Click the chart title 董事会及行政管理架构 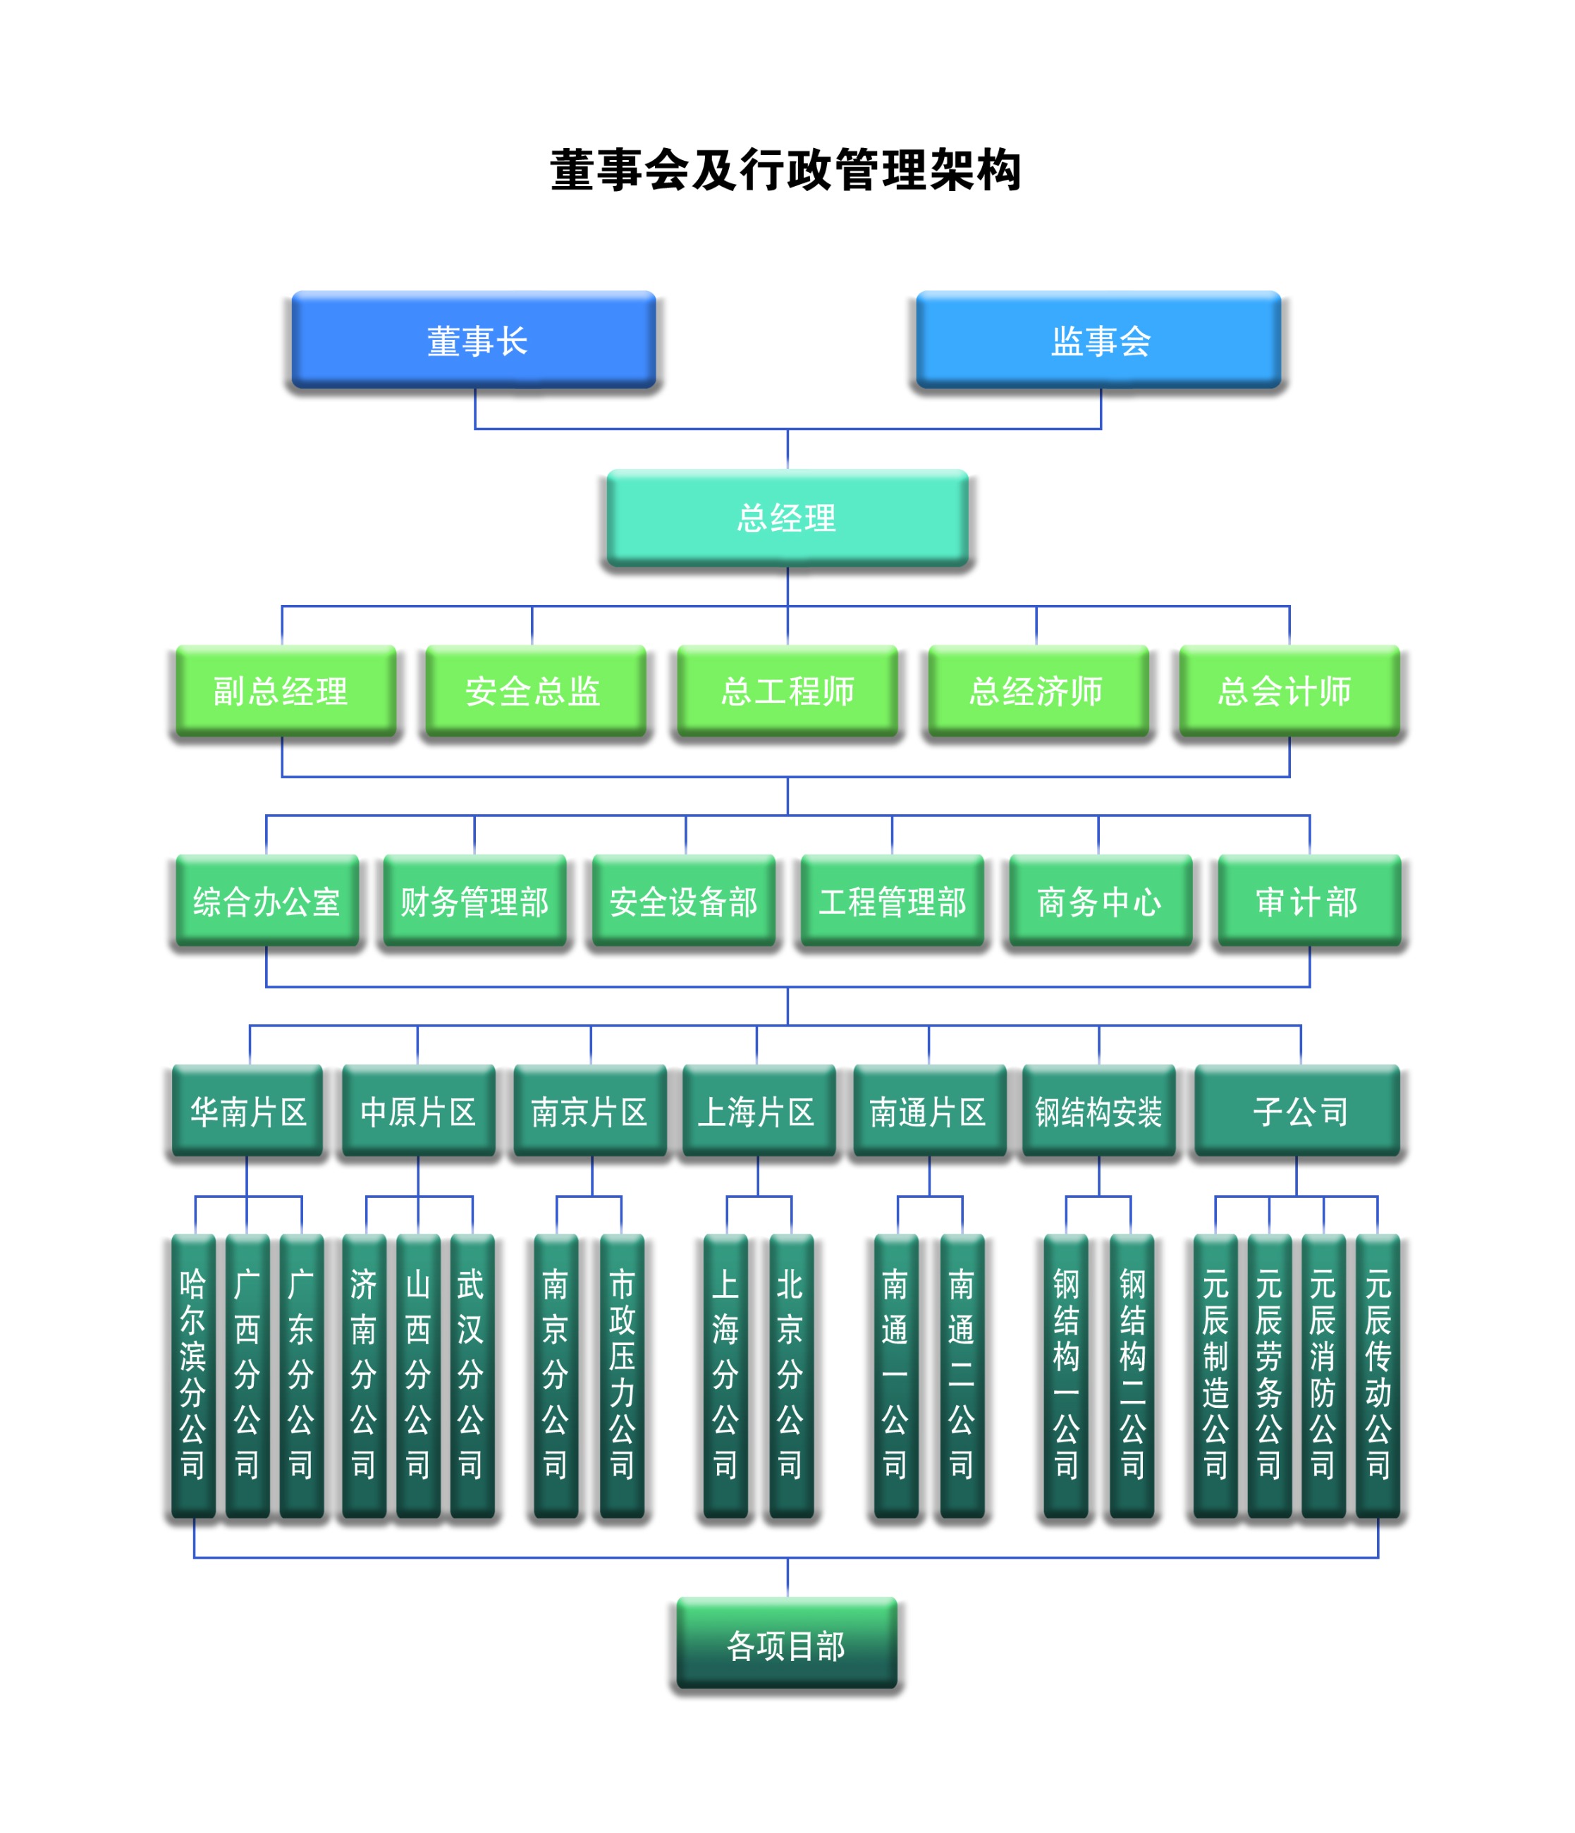[x=785, y=170]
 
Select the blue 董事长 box [x=474, y=341]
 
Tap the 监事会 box [x=1099, y=341]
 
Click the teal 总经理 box [x=787, y=517]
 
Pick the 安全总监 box [x=533, y=691]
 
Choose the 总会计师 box [x=1288, y=691]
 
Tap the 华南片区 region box [x=247, y=1111]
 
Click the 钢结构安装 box [x=1098, y=1111]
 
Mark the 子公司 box [x=1297, y=1111]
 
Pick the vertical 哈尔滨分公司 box [x=193, y=1375]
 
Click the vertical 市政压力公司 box [x=621, y=1375]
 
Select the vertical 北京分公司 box [x=790, y=1375]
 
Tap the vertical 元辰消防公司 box [x=1323, y=1375]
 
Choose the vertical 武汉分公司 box [x=471, y=1375]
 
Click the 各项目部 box [x=787, y=1645]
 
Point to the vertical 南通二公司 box [x=961, y=1375]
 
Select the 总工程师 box [x=787, y=691]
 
